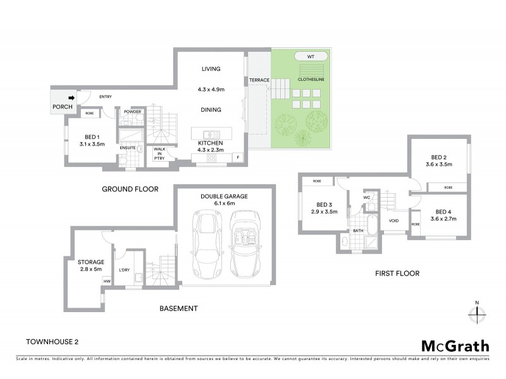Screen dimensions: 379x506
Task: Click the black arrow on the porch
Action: (71, 98)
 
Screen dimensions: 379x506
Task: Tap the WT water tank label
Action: (311, 57)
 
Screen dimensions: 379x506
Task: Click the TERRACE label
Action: (259, 80)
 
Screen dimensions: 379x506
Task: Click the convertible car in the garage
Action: (245, 241)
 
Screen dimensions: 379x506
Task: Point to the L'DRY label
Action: (124, 270)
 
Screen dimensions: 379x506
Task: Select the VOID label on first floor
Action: (393, 220)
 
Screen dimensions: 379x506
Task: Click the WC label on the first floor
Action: (366, 198)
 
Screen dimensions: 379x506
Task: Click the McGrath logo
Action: (455, 346)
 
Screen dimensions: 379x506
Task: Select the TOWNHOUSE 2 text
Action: (52, 342)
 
